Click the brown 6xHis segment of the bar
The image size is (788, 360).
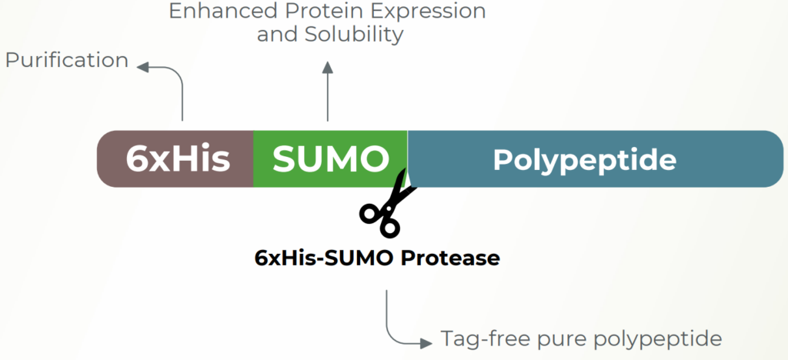[175, 158]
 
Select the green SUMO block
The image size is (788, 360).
[330, 158]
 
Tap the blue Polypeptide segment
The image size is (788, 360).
[596, 158]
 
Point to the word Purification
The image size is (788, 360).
[67, 60]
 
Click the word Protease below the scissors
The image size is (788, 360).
[450, 258]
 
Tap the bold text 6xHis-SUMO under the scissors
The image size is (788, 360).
[325, 258]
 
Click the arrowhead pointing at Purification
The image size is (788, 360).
[142, 67]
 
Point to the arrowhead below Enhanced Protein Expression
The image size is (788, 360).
[328, 68]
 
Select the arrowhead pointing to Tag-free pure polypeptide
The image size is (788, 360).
[426, 343]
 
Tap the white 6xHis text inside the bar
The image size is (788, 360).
[178, 159]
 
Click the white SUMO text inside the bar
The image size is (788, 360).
[331, 159]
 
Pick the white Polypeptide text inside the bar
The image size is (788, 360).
[585, 160]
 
